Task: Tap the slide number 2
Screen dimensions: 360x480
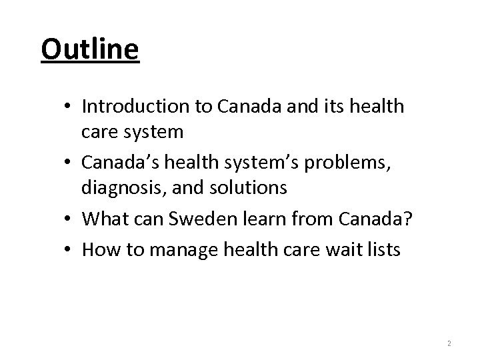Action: tap(449, 343)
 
